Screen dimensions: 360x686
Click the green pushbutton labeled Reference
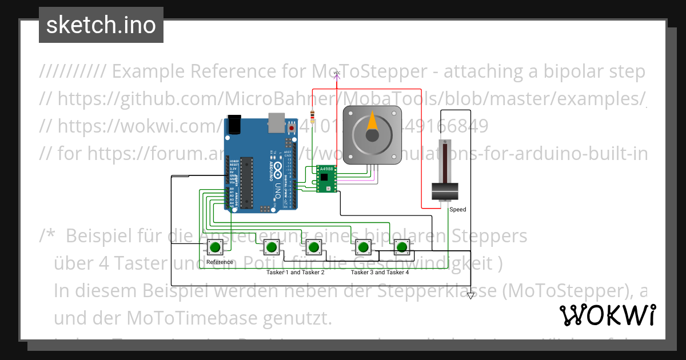pyautogui.click(x=215, y=247)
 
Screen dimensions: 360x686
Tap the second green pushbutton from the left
pyautogui.click(x=270, y=247)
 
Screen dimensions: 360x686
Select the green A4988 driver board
pyautogui.click(x=326, y=179)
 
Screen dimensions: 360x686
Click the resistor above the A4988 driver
pyautogui.click(x=312, y=117)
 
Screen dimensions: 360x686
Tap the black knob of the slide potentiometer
pyautogui.click(x=445, y=192)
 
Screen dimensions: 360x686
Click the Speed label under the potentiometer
pyautogui.click(x=457, y=210)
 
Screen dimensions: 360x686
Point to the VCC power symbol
pyautogui.click(x=337, y=74)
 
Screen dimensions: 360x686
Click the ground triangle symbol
pyautogui.click(x=470, y=296)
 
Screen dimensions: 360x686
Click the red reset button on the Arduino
pyautogui.click(x=292, y=129)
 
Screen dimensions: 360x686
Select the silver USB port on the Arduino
pyautogui.click(x=277, y=121)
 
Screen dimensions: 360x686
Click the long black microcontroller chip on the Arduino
pyautogui.click(x=246, y=181)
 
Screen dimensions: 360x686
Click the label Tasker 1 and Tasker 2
pyautogui.click(x=296, y=273)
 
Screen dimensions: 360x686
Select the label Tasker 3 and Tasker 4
pyautogui.click(x=380, y=273)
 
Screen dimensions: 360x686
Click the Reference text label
pyautogui.click(x=220, y=262)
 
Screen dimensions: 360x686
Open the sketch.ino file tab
pyautogui.click(x=101, y=25)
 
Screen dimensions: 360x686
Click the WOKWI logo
pyautogui.click(x=607, y=315)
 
